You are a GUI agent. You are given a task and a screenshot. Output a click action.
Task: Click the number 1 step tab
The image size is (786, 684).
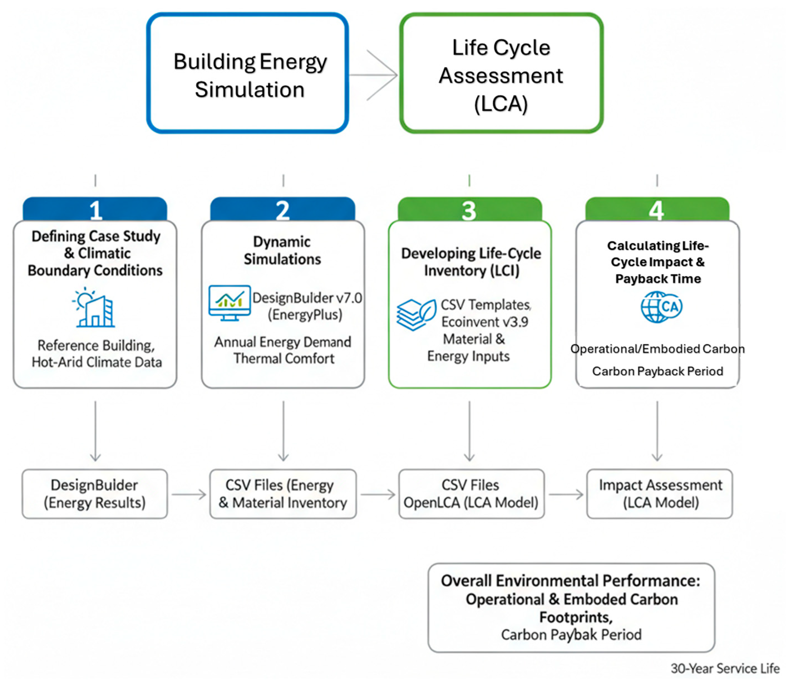tap(95, 209)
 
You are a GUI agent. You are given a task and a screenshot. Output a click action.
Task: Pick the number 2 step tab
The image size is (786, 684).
tap(282, 209)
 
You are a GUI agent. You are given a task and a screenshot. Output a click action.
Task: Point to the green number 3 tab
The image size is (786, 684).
tap(470, 209)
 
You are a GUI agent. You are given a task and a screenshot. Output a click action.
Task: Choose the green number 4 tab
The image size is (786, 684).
tap(657, 209)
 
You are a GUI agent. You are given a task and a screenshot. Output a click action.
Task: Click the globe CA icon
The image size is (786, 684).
tap(662, 307)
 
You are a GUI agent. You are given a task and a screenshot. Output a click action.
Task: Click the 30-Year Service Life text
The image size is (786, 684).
tap(725, 668)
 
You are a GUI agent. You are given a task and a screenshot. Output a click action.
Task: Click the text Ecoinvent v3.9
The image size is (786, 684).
tap(485, 322)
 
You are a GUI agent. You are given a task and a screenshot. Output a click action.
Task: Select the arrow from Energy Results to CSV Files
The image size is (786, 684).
tap(189, 495)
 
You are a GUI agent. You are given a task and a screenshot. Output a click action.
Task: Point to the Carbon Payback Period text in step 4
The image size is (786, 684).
tap(657, 371)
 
